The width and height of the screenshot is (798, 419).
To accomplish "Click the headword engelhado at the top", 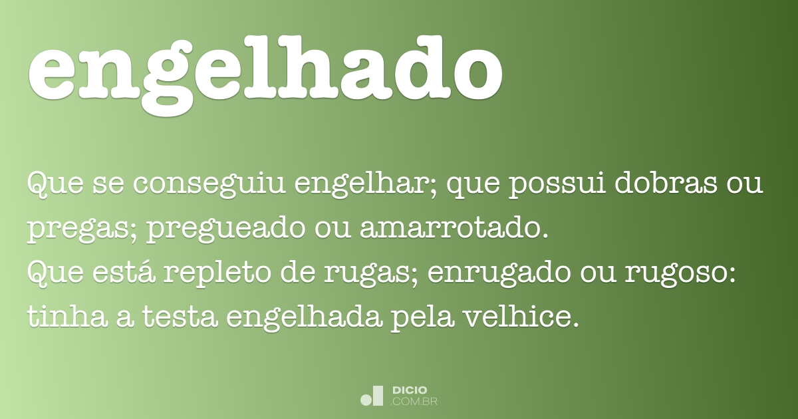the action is click(265, 73).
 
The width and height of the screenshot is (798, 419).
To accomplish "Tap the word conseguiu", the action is click(209, 184).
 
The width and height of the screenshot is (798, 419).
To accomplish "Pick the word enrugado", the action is click(499, 273).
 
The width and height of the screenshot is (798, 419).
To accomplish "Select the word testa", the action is click(180, 317).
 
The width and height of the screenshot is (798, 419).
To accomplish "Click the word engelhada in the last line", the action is click(305, 318).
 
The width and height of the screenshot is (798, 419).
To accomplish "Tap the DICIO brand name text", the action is click(410, 390).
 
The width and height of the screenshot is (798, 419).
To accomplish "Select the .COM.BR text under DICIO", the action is click(414, 402).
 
